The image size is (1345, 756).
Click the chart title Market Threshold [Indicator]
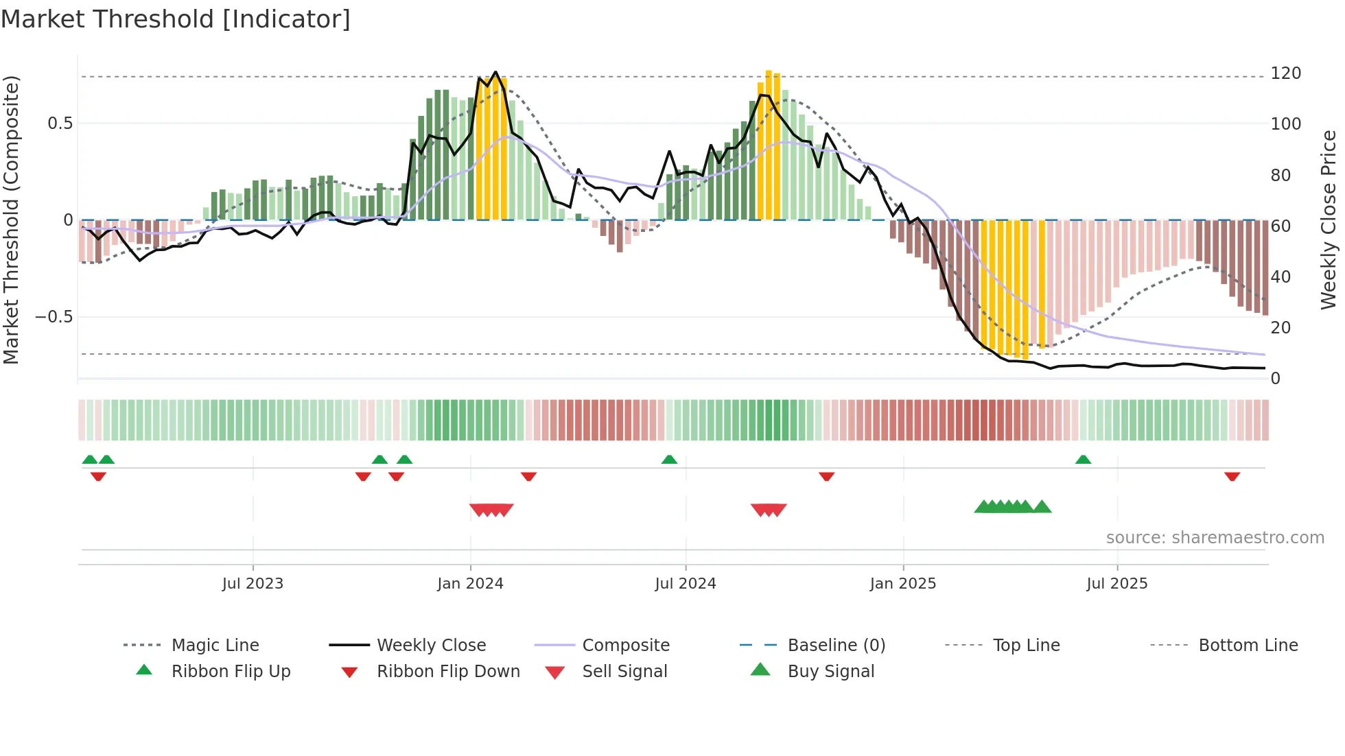point(176,19)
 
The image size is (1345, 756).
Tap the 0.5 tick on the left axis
point(60,123)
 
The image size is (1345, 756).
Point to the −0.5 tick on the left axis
point(54,317)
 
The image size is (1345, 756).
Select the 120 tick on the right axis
point(1285,73)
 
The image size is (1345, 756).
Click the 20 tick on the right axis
point(1280,328)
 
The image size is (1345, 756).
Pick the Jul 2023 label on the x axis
point(253,584)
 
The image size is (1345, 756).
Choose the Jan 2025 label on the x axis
point(902,584)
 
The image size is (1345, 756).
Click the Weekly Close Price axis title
point(1329,220)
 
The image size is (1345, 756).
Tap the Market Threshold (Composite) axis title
point(11,220)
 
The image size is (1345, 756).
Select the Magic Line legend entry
point(215,646)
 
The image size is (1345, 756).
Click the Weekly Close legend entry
point(431,646)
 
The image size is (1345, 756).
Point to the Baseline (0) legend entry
point(836,646)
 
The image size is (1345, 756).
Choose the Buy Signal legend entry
point(830,672)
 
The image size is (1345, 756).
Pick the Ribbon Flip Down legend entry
point(448,672)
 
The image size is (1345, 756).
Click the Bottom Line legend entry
point(1248,646)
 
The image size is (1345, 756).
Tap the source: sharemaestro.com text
point(1215,538)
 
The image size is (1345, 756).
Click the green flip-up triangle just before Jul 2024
point(669,460)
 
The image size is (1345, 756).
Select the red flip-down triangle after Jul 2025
point(1232,476)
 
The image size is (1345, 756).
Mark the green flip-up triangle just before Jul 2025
point(1083,460)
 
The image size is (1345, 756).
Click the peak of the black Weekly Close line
point(495,72)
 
